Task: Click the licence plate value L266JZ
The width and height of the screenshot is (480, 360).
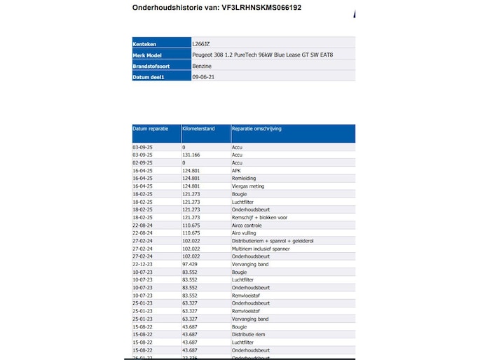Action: (x=202, y=43)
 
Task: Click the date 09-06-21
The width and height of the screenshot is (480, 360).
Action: (x=203, y=77)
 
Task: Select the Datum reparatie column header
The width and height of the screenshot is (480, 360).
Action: (x=150, y=129)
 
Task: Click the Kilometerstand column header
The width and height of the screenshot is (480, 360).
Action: (x=198, y=129)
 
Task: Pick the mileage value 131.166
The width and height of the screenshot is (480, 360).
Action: (x=191, y=155)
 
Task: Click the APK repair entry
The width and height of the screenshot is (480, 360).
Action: (x=236, y=170)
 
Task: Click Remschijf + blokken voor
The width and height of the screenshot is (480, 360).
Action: (x=259, y=217)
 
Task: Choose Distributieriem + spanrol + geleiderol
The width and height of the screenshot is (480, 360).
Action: (x=273, y=240)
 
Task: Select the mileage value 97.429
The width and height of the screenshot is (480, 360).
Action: (x=190, y=264)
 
